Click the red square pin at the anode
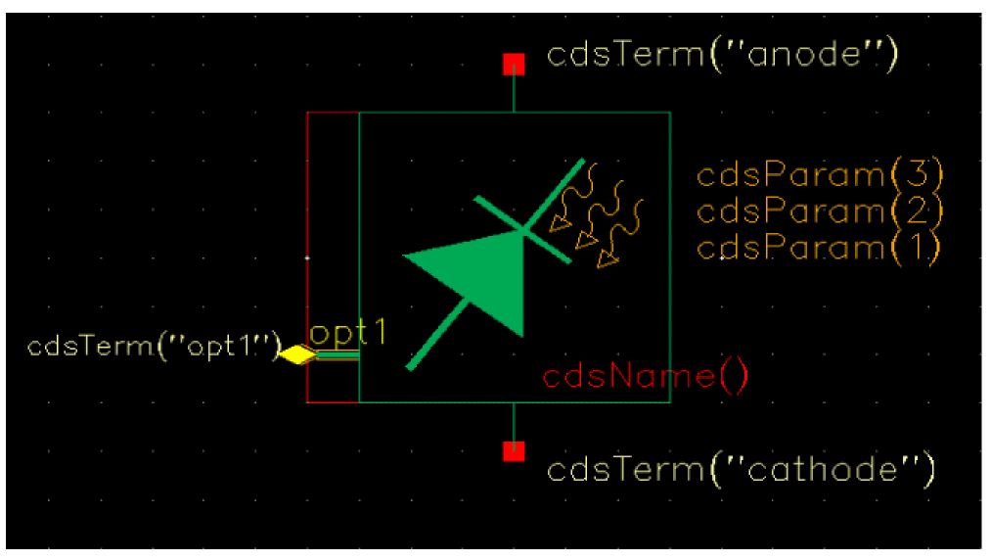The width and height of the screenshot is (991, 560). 514,65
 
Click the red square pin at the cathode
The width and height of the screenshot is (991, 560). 514,451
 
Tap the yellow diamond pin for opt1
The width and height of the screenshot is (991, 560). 298,354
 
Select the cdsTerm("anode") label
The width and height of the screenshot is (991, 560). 722,55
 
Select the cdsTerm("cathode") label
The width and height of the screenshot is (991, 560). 741,470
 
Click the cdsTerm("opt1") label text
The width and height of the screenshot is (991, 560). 155,347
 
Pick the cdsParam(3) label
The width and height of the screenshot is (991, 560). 820,174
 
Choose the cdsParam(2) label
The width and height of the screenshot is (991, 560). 820,210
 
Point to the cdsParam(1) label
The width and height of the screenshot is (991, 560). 819,248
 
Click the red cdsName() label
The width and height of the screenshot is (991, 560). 646,377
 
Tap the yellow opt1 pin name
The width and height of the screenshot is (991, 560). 347,333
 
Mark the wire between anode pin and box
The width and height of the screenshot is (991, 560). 514,94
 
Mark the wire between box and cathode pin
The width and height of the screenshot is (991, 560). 514,421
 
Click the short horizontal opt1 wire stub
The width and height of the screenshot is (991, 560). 338,356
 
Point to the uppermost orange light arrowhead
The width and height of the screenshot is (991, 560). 560,223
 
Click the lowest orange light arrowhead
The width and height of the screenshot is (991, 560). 608,258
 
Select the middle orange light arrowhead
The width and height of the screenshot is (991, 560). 586,240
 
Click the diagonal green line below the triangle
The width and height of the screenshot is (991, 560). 437,336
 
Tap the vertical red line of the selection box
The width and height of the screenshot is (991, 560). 307,257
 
